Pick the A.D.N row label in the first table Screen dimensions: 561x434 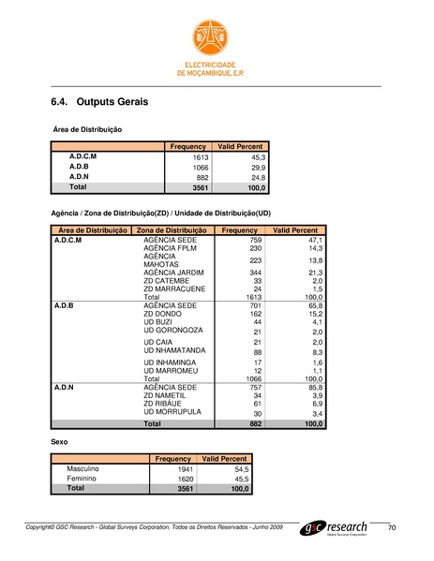click(x=80, y=176)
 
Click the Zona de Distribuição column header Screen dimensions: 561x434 click(x=171, y=230)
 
